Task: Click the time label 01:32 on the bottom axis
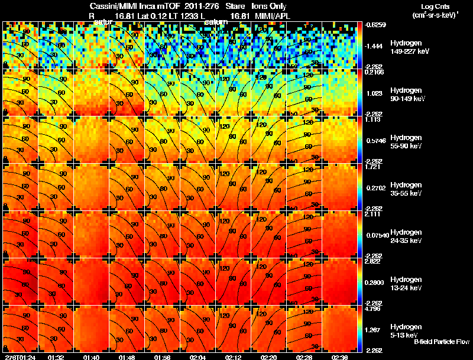(x=57, y=357)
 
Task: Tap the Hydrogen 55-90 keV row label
(x=407, y=142)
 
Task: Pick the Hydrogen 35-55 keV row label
(x=407, y=189)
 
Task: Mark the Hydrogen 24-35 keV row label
(x=407, y=236)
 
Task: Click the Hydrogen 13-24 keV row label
(x=407, y=284)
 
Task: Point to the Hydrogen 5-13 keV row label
(x=406, y=330)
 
